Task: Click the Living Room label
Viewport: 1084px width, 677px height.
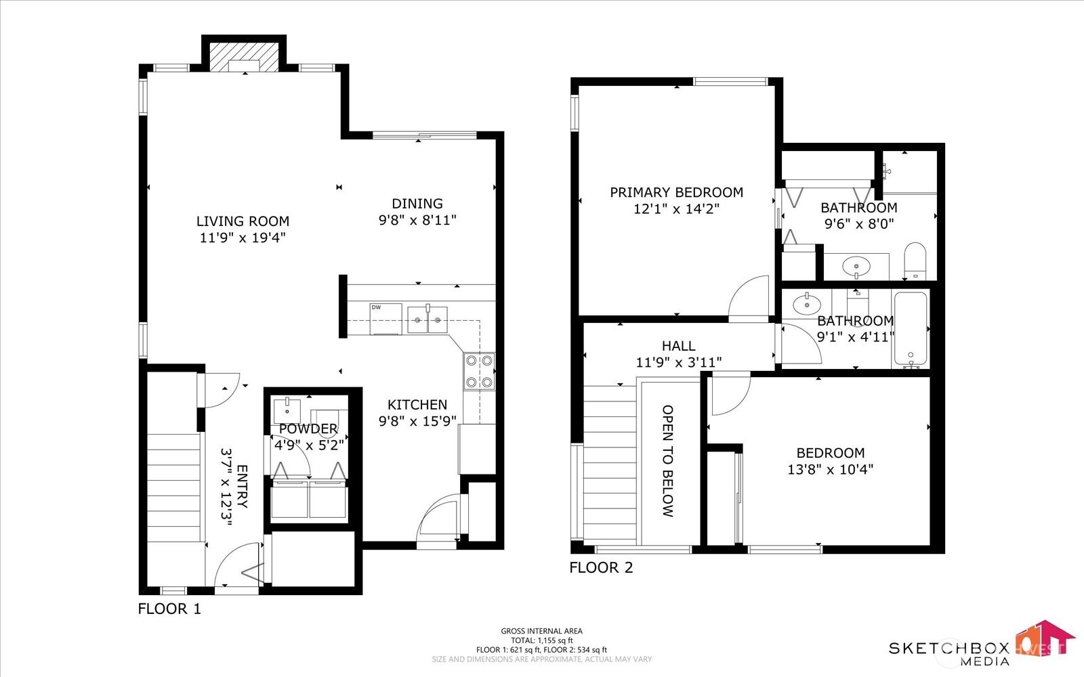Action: pos(243,221)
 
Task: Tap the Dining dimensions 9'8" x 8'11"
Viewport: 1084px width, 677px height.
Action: pos(417,220)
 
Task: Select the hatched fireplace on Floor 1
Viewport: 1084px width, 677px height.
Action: pos(243,56)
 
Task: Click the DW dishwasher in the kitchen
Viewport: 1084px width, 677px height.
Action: pos(385,318)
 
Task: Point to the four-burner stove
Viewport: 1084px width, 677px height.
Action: pos(479,372)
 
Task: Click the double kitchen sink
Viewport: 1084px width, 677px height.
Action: pos(428,319)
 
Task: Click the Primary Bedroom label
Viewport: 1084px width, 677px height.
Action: pos(676,192)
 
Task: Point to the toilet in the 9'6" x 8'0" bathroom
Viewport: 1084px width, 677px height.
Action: pos(915,261)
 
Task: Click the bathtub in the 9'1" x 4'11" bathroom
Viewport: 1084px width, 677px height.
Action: pos(910,329)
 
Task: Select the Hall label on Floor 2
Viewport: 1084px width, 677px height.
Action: pos(678,346)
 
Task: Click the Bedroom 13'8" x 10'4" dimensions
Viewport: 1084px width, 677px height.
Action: pos(830,469)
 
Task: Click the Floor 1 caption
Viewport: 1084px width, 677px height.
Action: pos(169,609)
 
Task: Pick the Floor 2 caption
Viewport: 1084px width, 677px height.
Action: pos(601,567)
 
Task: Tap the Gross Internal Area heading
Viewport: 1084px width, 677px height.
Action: pos(541,631)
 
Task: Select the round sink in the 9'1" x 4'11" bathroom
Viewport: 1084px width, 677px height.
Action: pos(806,304)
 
